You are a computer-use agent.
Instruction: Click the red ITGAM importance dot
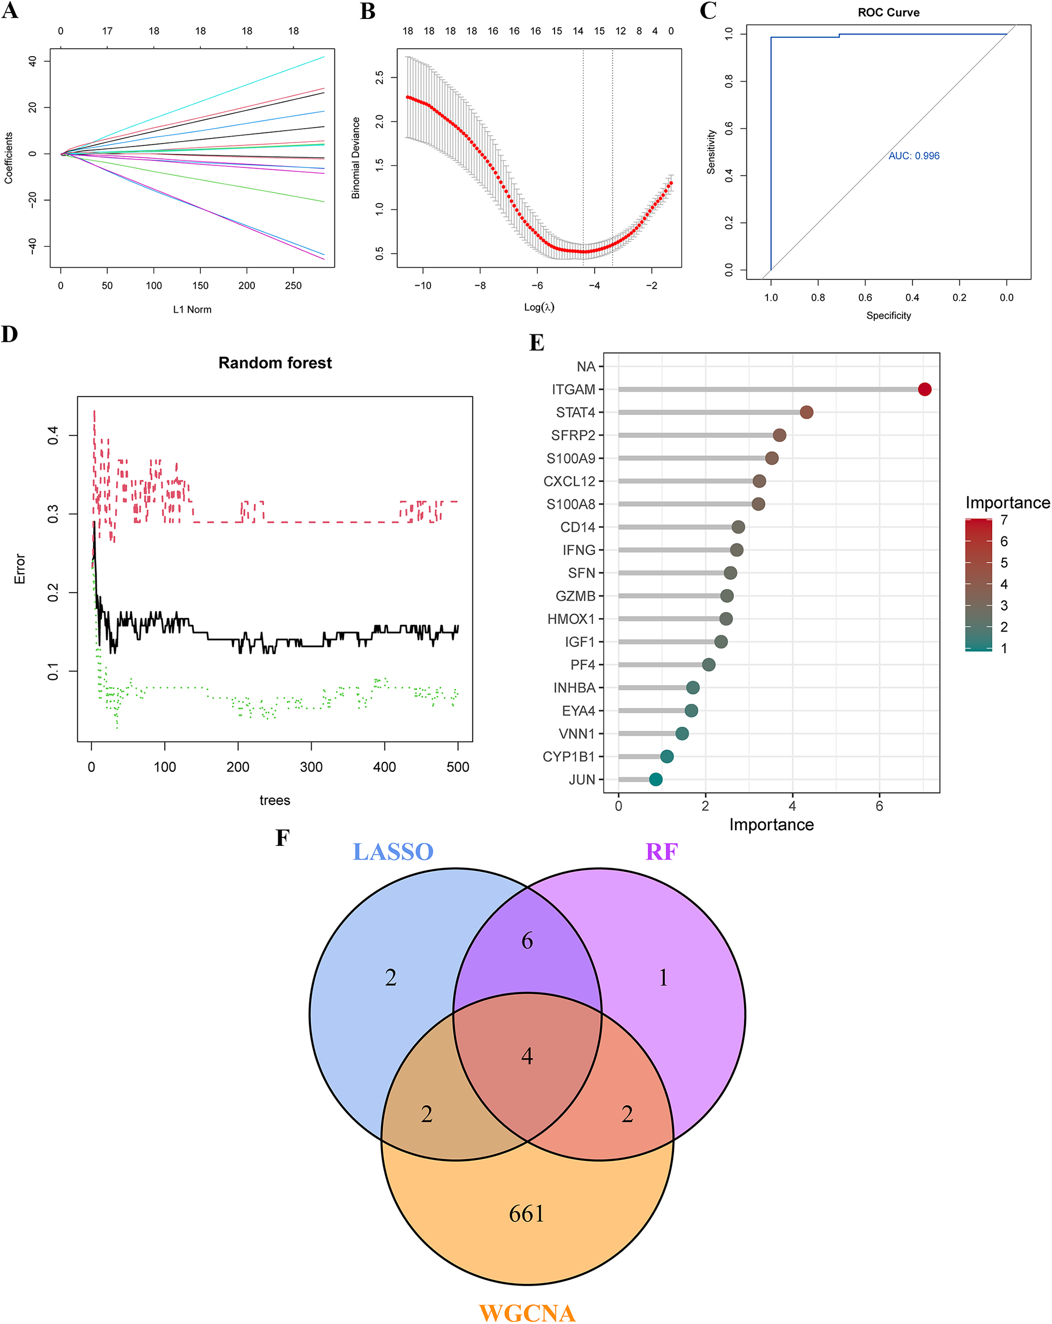[925, 389]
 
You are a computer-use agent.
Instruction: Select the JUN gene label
[581, 779]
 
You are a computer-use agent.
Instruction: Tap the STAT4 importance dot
[806, 412]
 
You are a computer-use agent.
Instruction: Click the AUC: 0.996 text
[913, 156]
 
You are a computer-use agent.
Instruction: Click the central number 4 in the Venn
[527, 1056]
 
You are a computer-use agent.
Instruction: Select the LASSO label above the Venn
[393, 852]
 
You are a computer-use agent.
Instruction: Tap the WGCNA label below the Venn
[527, 1312]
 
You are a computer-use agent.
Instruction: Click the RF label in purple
[661, 852]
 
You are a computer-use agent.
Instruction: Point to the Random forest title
[275, 363]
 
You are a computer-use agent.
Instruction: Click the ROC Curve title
[888, 12]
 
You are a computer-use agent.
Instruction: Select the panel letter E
[536, 342]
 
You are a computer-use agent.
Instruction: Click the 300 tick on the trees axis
[311, 767]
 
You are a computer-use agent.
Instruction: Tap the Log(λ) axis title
[539, 307]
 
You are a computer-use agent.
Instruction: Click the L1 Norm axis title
[192, 310]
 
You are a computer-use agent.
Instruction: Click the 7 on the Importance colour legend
[1004, 520]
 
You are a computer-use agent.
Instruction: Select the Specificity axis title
[888, 315]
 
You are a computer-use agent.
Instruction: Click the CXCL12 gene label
[569, 481]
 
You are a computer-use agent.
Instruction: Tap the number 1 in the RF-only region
[663, 978]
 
